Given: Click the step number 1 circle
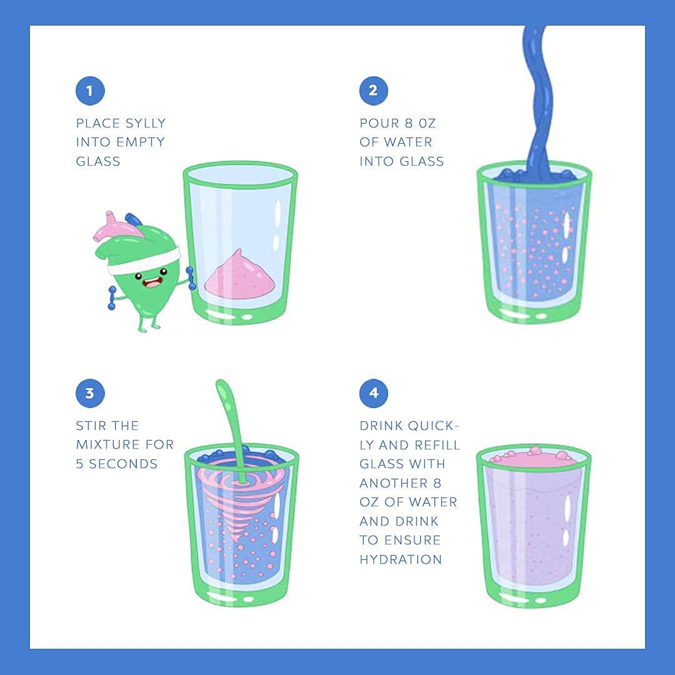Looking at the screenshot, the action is pos(90,91).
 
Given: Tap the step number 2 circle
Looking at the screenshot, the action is pos(374,91).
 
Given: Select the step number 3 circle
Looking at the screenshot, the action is pos(90,393).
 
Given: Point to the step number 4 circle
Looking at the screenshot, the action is pos(374,393).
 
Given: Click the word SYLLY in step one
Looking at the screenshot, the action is pos(144,124).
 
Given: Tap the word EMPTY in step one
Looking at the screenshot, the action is pos(142,142).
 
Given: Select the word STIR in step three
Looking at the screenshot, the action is pos(91,426).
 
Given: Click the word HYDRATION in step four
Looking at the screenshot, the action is pos(401,559).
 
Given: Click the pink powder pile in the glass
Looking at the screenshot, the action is pos(239,273).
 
